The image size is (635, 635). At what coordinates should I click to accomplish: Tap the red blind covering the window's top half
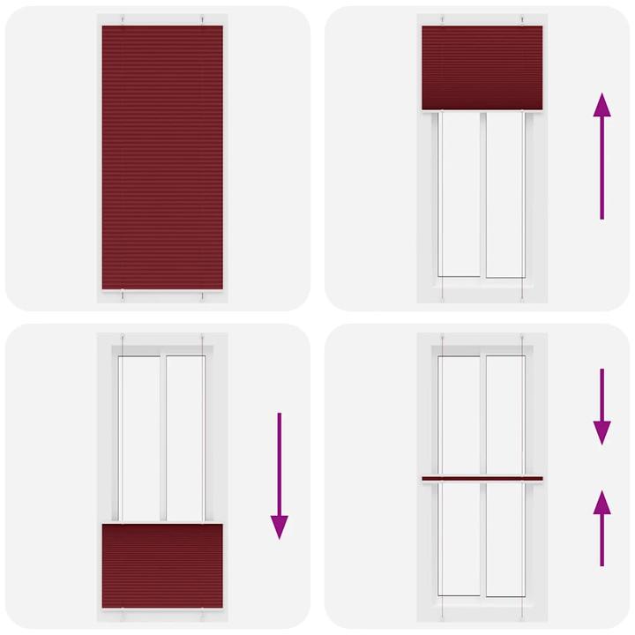[482, 67]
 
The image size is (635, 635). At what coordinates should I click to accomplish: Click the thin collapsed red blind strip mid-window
[482, 479]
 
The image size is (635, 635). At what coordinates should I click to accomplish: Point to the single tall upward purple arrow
[601, 154]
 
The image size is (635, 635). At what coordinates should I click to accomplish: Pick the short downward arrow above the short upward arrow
[601, 407]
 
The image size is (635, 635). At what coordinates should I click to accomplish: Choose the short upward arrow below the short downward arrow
[601, 528]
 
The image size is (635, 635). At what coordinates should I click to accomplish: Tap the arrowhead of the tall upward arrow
[601, 105]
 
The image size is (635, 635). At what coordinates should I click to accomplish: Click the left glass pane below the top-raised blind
[459, 194]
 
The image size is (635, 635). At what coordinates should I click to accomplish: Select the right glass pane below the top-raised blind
[504, 194]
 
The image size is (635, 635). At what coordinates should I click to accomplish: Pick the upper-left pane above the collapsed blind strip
[459, 415]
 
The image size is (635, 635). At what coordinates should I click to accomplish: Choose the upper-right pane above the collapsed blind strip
[504, 415]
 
